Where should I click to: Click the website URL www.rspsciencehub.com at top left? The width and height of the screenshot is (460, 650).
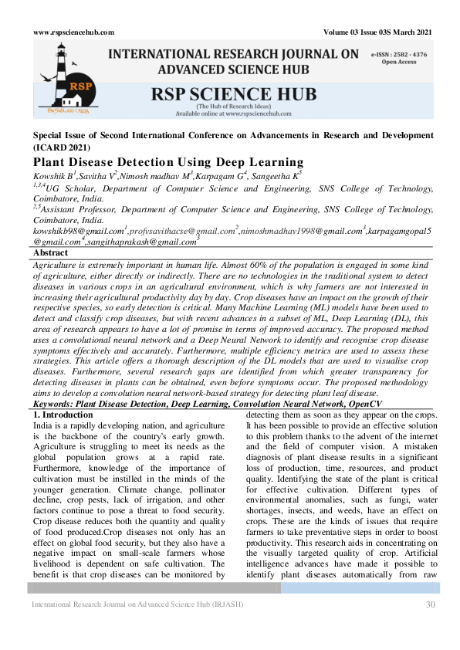coord(74,32)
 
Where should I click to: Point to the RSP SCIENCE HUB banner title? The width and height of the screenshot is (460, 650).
coord(235,94)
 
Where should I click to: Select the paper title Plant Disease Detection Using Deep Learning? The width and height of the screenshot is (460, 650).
coord(168,162)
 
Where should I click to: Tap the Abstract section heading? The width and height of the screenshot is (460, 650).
coord(52,252)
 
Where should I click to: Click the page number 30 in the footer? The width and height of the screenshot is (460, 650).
coord(431,604)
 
